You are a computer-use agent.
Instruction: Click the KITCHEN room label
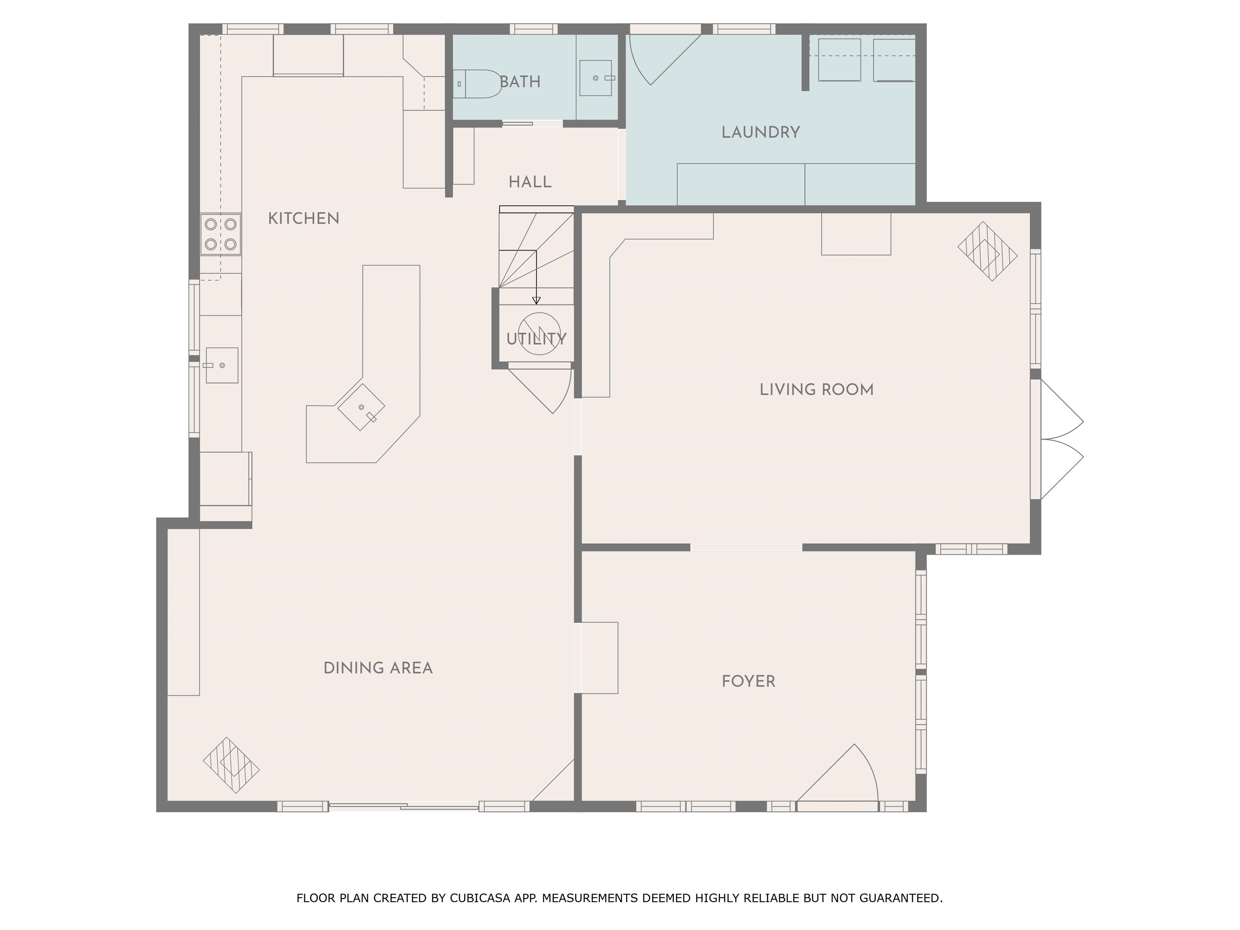[x=304, y=219]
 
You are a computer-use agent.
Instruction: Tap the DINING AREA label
[x=378, y=668]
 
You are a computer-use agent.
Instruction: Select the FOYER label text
[x=748, y=682]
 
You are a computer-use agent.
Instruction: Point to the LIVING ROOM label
[x=816, y=390]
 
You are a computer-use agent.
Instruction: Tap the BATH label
[x=520, y=82]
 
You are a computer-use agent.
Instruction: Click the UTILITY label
[x=536, y=339]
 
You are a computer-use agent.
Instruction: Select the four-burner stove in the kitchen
[x=221, y=235]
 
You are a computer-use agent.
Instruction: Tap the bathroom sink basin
[x=597, y=78]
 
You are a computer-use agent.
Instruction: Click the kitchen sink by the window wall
[x=222, y=365]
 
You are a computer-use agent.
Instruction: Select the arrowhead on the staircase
[x=536, y=300]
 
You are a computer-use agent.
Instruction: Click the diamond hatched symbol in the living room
[x=987, y=251]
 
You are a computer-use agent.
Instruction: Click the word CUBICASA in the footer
[x=480, y=898]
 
